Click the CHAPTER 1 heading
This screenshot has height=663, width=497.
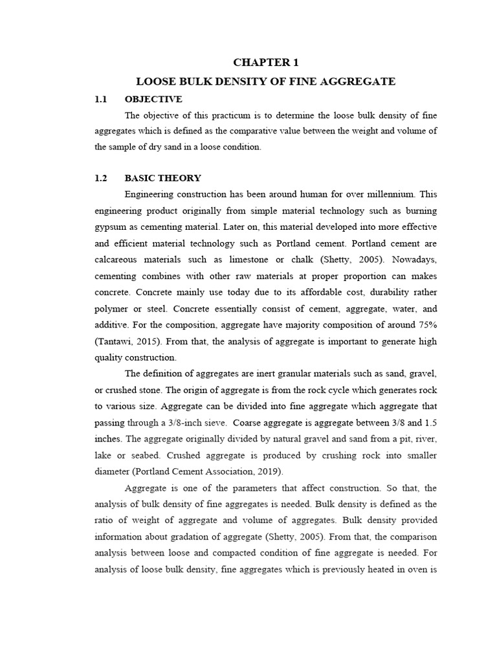[265, 63]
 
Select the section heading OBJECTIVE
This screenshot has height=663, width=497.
[153, 99]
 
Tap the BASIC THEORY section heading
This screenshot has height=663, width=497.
[162, 178]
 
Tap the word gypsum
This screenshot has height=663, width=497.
[109, 227]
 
